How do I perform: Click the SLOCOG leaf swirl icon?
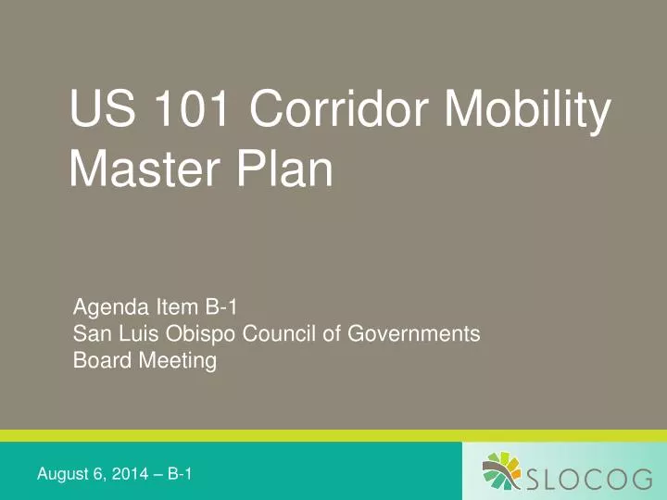(x=504, y=471)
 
